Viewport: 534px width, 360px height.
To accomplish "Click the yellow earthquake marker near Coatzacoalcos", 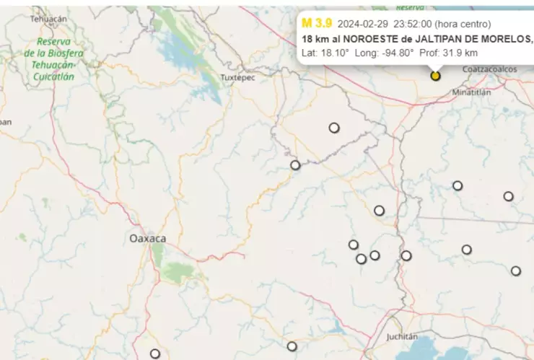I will [x=435, y=75].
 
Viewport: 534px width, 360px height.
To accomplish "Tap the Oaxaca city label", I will [x=147, y=238].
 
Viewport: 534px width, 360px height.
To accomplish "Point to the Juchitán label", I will [x=402, y=336].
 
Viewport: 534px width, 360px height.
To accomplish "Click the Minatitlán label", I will [x=471, y=92].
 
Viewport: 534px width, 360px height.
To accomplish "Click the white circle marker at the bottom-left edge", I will [x=155, y=354].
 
